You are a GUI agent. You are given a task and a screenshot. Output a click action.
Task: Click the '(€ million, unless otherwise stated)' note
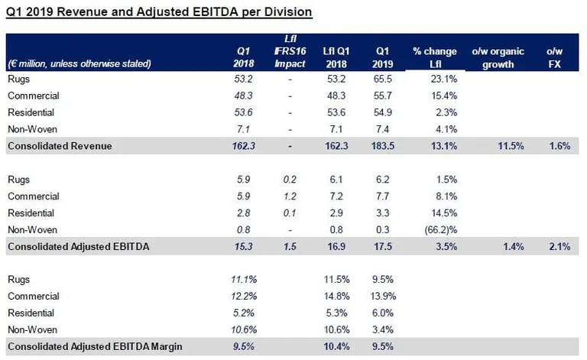(79, 63)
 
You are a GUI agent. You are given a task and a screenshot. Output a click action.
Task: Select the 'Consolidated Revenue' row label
(60, 146)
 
